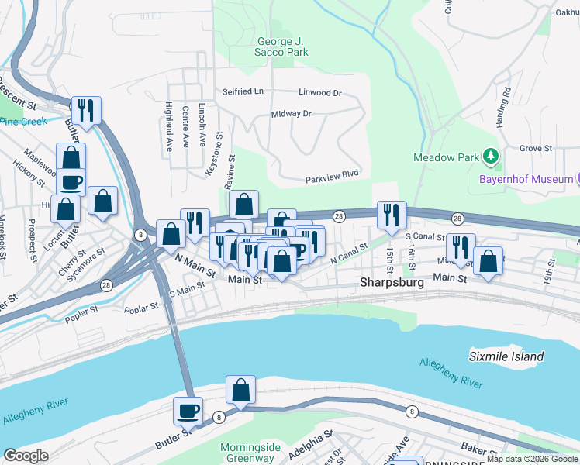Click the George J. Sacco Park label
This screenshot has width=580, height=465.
pyautogui.click(x=283, y=46)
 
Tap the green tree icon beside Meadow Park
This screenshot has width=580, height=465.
pyautogui.click(x=490, y=157)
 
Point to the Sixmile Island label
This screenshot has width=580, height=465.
pyautogui.click(x=506, y=356)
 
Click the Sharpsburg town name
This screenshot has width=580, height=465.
pyautogui.click(x=392, y=283)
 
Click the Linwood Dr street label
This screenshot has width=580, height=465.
pyautogui.click(x=319, y=93)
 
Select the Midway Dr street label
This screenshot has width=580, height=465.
pyautogui.click(x=291, y=114)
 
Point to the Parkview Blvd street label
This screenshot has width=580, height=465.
pyautogui.click(x=331, y=174)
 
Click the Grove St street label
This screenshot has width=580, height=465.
pyautogui.click(x=535, y=148)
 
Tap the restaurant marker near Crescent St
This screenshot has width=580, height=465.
pyautogui.click(x=86, y=110)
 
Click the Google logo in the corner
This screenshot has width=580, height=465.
pyautogui.click(x=26, y=456)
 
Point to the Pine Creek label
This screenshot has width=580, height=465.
pyautogui.click(x=23, y=122)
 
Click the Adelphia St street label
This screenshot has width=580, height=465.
pyautogui.click(x=311, y=445)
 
